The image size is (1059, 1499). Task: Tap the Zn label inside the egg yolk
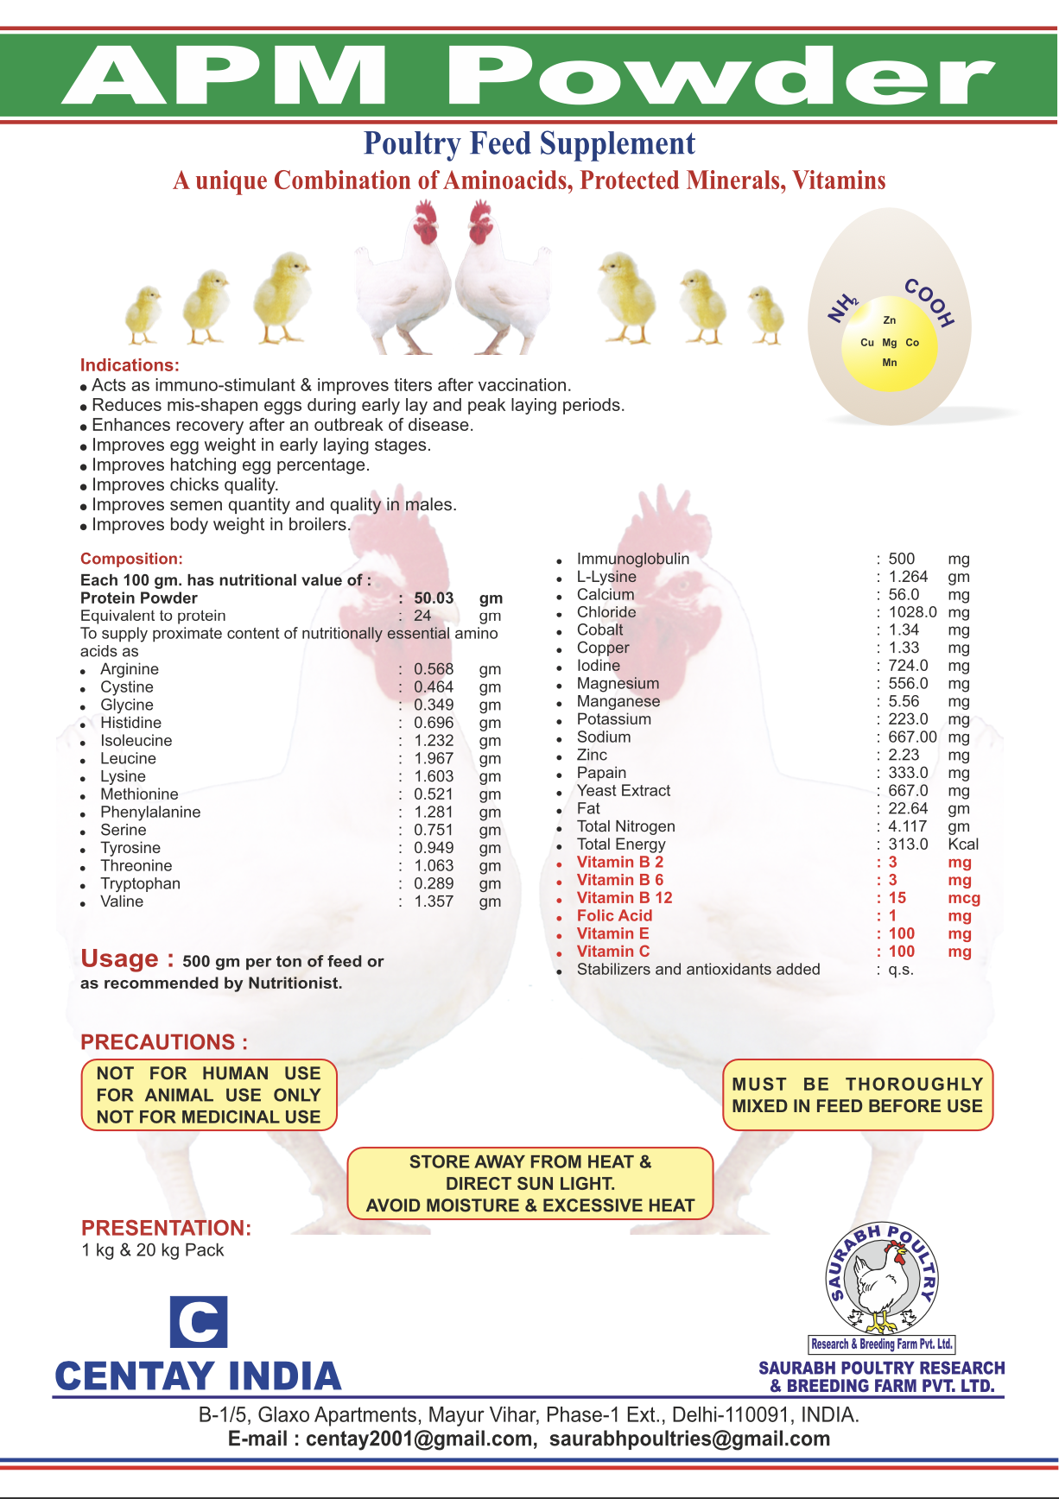click(890, 320)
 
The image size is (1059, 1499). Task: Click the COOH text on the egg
click(929, 302)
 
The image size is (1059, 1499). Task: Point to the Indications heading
click(130, 365)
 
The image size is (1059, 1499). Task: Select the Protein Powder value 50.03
click(434, 598)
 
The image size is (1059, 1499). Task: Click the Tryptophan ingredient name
click(140, 884)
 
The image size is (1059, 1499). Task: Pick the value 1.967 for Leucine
click(434, 759)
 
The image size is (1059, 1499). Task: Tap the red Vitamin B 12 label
click(624, 898)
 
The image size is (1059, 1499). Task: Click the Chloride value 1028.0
click(912, 612)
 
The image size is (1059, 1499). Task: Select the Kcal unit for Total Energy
click(963, 844)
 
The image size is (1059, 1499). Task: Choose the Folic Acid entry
click(614, 916)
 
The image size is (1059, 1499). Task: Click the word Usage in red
click(120, 959)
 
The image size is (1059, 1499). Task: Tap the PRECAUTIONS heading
click(164, 1042)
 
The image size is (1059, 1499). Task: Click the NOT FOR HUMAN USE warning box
click(208, 1095)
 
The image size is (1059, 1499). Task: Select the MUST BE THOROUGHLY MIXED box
click(857, 1095)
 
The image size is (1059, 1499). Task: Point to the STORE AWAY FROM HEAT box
click(530, 1184)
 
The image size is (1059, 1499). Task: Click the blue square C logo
click(199, 1322)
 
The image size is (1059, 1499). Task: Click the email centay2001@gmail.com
click(418, 1439)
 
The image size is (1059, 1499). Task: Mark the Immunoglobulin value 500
click(901, 559)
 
